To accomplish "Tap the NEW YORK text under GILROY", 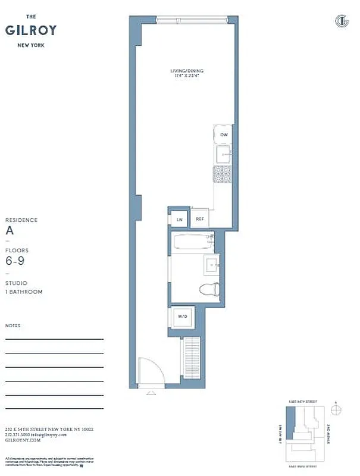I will [x=24, y=45].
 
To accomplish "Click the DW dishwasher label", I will [x=224, y=135].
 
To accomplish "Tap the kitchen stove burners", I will [x=222, y=173].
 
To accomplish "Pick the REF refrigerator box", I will [x=200, y=219].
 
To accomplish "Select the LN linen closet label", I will [x=179, y=220].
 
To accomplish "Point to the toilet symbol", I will [x=209, y=290].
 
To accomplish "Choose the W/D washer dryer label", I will [x=182, y=317].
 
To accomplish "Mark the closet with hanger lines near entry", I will [x=192, y=355].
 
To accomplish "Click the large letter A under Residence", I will [x=9, y=231].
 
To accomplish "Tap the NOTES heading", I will [x=12, y=326].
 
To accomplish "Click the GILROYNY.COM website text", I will [x=23, y=440].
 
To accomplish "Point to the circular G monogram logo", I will [x=342, y=22].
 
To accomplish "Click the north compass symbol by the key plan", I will [x=336, y=410].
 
